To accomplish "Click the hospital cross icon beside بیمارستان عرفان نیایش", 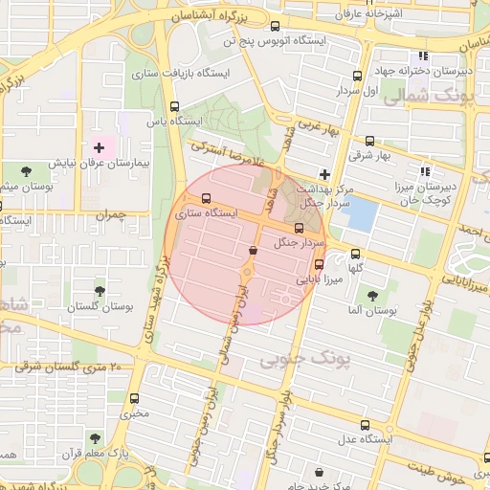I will pos(99,147).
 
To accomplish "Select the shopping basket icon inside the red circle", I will pos(253,250).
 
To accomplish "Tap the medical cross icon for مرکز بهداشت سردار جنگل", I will pos(324,175).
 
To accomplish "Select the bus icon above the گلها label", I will pos(356,255).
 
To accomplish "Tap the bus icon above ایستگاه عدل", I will pos(366,423).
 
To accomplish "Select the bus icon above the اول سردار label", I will pos(357,76).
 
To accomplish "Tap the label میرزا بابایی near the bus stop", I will pos(317,281).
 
